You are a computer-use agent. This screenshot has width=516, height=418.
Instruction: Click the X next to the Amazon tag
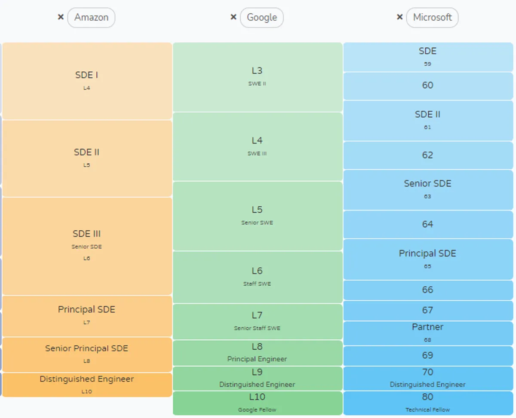coord(61,17)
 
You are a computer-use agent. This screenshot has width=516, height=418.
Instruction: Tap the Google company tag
coord(261,18)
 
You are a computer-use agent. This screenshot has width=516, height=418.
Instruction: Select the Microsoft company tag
coord(432,18)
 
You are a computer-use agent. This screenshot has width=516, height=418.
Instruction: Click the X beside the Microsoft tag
coord(399,17)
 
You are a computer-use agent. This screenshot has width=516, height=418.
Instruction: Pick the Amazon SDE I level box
coord(87,81)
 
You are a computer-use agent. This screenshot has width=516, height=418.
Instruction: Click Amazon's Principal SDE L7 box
coord(87,316)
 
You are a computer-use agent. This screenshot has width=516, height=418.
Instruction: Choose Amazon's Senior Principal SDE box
coord(87,354)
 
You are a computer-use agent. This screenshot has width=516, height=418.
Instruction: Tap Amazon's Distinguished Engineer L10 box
coord(87,384)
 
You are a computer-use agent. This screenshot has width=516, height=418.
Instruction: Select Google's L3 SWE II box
coord(257,76)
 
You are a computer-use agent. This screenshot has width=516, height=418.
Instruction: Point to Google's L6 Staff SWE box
coord(257,277)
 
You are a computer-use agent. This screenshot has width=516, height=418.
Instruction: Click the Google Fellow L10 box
coord(257,403)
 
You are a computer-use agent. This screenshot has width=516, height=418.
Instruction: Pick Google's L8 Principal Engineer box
coord(257,353)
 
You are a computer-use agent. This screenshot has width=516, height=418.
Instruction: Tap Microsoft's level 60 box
coord(428,85)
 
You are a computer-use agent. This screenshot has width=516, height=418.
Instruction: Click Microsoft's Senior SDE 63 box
coord(428,189)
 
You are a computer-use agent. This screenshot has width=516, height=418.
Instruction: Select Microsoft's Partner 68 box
coord(428,333)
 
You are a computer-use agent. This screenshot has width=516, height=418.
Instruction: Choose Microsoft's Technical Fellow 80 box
coord(428,403)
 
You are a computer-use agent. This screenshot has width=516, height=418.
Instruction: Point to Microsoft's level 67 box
coord(428,311)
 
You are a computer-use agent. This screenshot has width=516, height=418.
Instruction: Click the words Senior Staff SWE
coord(257,328)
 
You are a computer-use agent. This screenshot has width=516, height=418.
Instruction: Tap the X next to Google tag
coord(233,17)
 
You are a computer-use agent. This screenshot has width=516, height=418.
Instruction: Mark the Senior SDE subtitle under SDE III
coord(87,247)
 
